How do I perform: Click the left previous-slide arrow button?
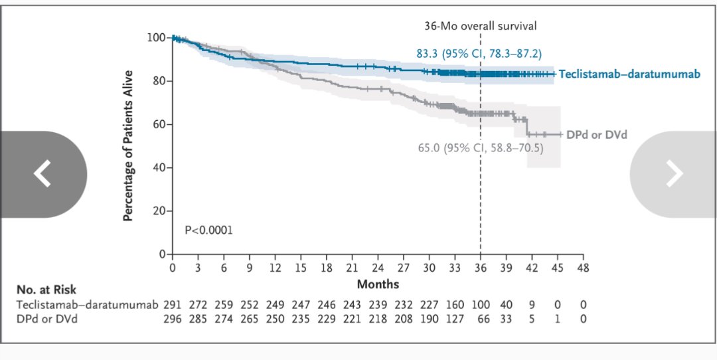[x=42, y=174]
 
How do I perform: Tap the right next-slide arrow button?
[x=674, y=174]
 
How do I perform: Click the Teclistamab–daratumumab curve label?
[x=629, y=74]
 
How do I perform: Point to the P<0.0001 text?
[x=208, y=230]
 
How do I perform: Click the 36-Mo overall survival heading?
[x=480, y=26]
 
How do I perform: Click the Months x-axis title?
[x=378, y=284]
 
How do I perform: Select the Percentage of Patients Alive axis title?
[x=129, y=145]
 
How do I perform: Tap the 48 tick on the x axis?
[x=583, y=268]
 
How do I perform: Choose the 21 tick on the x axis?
[x=352, y=268]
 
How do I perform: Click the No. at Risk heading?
[x=46, y=290]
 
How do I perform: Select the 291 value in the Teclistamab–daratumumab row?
[x=173, y=304]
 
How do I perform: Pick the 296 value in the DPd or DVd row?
[x=173, y=318]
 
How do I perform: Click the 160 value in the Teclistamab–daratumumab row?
[x=455, y=304]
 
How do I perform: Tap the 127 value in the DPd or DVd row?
[x=455, y=318]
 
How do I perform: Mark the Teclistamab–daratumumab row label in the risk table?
[x=88, y=304]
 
